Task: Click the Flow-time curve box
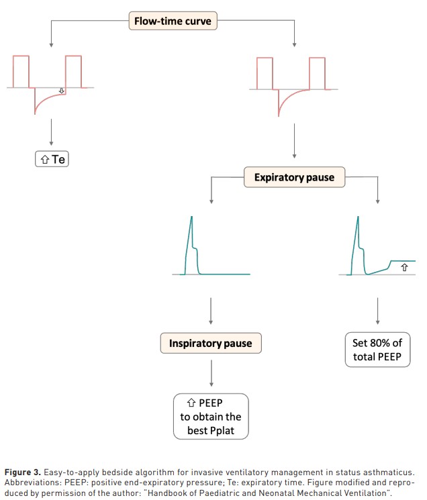173,21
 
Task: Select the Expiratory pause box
294,177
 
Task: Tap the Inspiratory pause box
211,343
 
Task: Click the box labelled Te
52,159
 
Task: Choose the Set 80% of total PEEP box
377,350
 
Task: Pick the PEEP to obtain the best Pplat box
211,417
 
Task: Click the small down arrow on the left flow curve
62,91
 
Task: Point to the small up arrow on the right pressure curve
404,267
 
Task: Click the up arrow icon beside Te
44,159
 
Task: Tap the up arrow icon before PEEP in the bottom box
191,403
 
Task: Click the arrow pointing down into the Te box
51,132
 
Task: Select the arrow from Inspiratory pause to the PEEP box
211,373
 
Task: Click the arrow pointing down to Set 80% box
377,311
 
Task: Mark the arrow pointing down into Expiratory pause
294,141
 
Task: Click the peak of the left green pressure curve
191,217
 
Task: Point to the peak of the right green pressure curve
358,217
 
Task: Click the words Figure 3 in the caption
23,472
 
